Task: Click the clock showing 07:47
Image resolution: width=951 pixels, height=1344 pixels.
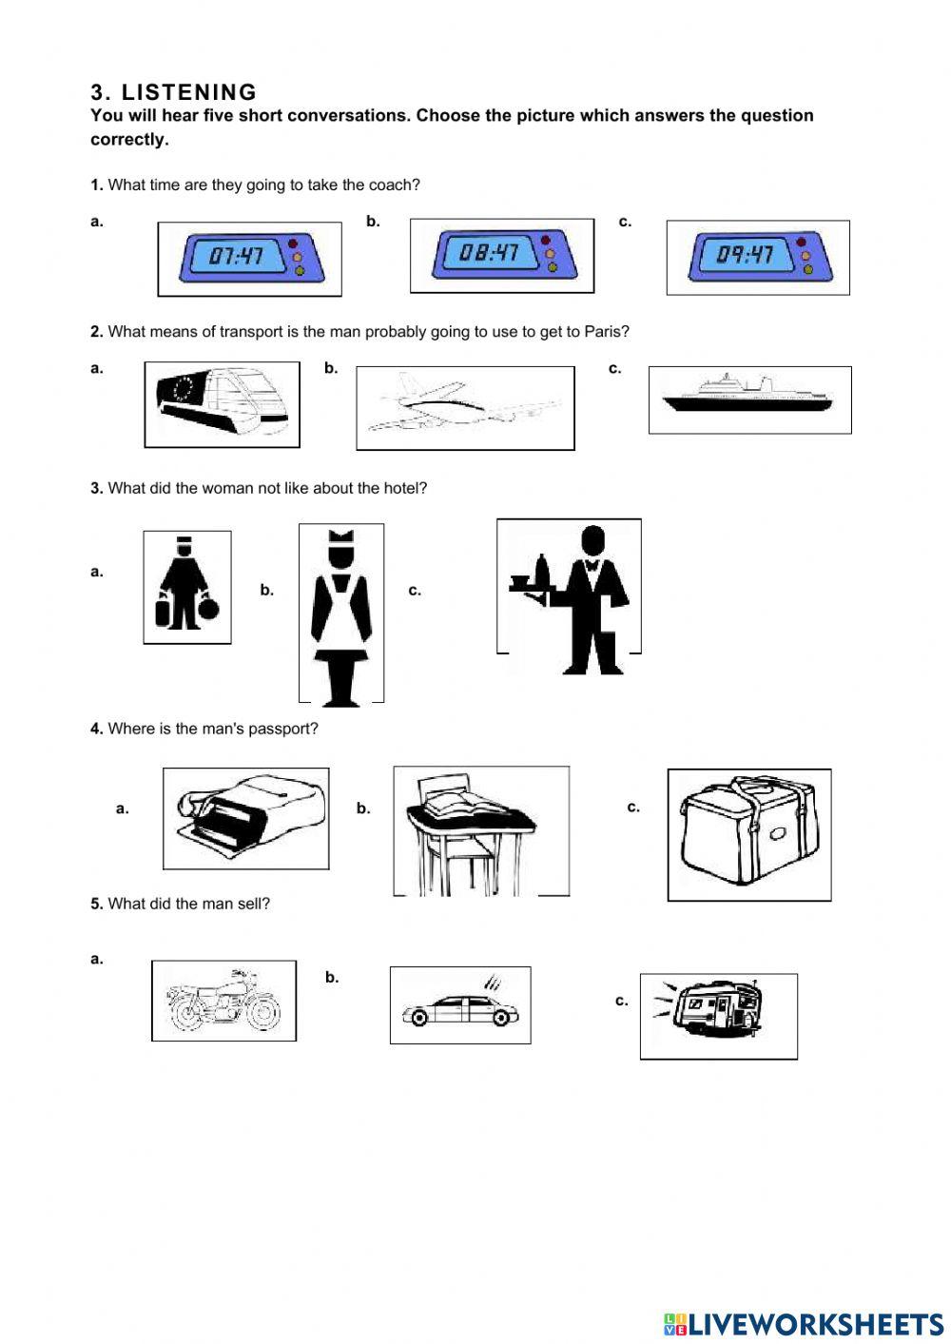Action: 249,258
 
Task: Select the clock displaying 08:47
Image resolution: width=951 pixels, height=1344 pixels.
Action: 501,255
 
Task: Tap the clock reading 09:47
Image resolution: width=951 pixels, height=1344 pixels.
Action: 758,257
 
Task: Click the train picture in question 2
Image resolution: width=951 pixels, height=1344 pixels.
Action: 222,403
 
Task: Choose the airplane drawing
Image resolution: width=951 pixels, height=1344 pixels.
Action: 464,407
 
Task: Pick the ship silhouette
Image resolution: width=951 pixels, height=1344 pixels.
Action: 749,399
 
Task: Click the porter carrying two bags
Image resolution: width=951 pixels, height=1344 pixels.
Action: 186,587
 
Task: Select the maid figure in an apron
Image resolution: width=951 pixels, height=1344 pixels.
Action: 340,614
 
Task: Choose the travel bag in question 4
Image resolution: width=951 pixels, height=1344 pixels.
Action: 749,834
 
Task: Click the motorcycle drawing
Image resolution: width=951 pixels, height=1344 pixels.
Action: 223,1001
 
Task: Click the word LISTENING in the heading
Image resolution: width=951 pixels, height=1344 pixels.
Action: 189,92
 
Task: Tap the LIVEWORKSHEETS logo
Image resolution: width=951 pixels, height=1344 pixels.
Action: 804,1323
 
